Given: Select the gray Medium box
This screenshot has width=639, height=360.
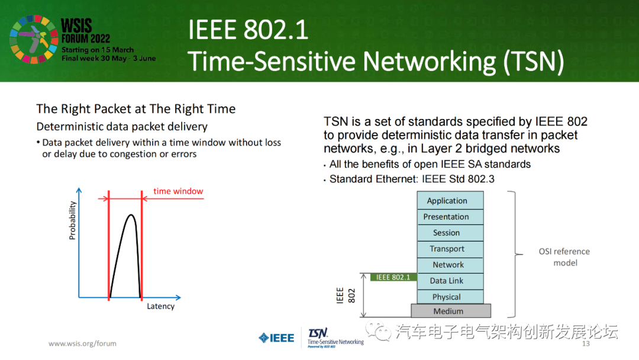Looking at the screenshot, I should click(451, 311).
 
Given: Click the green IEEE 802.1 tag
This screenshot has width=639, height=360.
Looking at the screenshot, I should click(393, 277).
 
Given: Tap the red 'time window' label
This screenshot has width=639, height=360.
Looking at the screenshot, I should click(178, 191).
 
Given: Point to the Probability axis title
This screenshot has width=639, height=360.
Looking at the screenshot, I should click(73, 220).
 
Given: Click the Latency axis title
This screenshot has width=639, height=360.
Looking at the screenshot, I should click(160, 306).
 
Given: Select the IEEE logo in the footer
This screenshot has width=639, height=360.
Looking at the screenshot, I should click(276, 338).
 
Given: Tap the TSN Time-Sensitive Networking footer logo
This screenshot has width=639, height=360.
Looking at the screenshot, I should click(335, 337).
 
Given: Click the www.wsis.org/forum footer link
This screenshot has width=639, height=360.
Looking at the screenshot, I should click(82, 343).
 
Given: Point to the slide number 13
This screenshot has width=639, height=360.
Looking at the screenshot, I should click(586, 344).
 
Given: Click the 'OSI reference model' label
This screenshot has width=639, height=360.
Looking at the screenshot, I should click(564, 257).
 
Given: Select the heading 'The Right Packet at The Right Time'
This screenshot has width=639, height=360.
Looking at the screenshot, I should click(136, 109).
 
